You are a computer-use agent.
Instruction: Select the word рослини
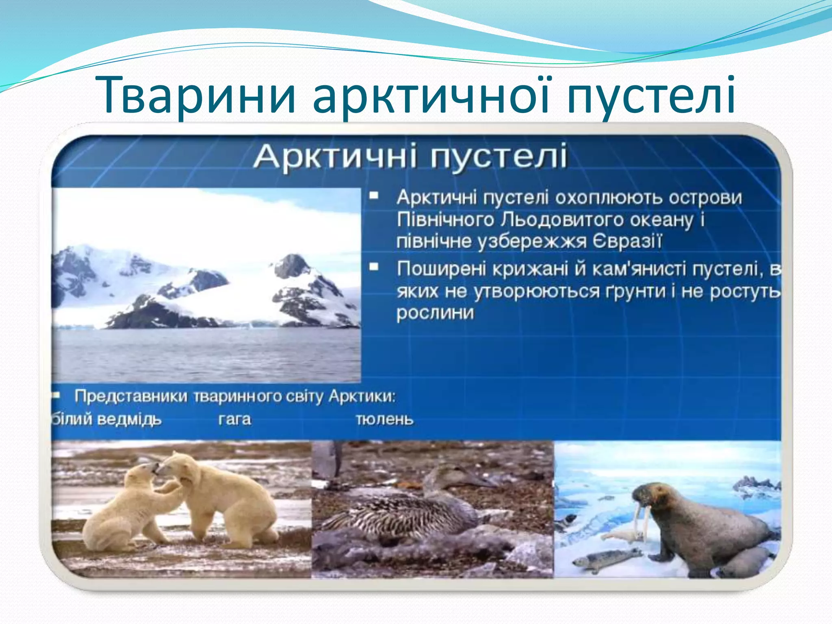pos(435,313)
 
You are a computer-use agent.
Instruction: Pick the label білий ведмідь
pos(106,419)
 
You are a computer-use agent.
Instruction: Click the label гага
pos(234,419)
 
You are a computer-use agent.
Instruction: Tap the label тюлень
pos(384,419)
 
